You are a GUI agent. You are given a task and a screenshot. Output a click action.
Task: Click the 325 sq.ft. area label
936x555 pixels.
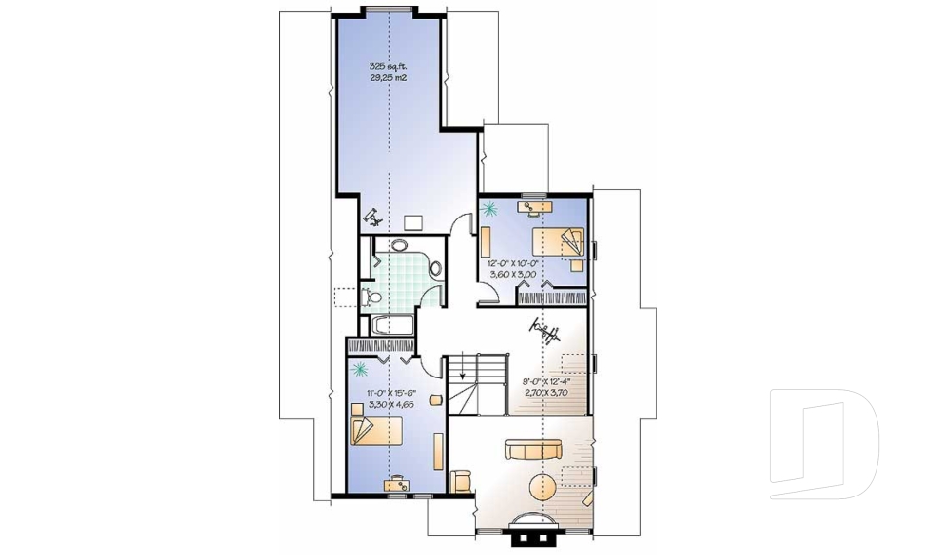pos(387,66)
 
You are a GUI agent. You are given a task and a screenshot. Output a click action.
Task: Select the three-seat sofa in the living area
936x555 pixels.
pos(531,450)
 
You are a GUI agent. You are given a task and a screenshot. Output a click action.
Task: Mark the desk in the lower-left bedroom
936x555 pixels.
pos(397,482)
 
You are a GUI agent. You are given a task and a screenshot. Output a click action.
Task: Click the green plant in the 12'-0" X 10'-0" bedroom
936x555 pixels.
pos(488,208)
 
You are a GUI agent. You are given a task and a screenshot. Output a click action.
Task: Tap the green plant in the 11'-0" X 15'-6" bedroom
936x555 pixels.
pos(359,369)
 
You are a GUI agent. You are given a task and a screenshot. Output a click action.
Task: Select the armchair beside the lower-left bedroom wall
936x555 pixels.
pos(460,478)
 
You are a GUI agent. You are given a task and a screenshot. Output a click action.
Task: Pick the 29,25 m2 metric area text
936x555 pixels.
pos(387,77)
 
